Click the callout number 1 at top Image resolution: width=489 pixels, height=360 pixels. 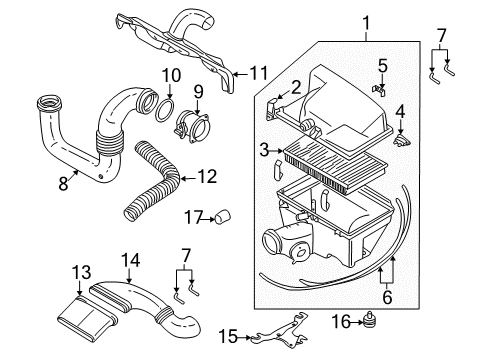click(x=366, y=20)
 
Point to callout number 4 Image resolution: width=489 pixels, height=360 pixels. click(x=400, y=111)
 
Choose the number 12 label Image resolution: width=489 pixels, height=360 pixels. click(x=208, y=178)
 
